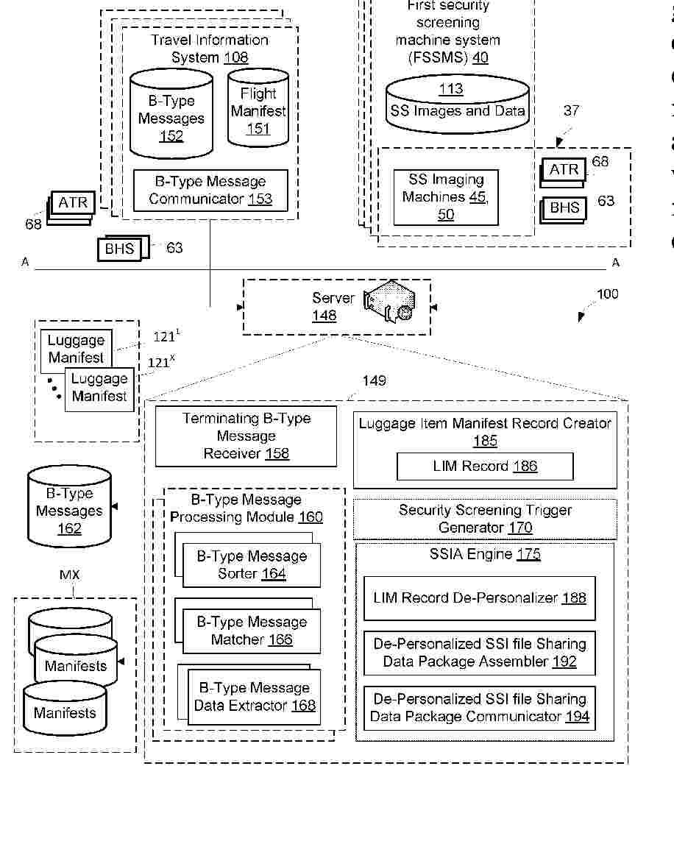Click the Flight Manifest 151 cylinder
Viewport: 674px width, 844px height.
point(258,110)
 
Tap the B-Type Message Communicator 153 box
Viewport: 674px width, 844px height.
point(210,190)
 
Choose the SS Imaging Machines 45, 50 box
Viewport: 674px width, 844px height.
point(446,197)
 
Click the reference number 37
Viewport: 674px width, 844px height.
point(571,111)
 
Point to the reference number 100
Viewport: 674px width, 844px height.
point(607,294)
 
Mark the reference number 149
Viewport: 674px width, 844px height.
point(374,380)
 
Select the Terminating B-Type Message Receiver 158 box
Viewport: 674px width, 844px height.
point(246,436)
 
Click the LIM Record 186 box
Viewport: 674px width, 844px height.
point(485,467)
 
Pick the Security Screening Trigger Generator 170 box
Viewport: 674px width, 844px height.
point(485,519)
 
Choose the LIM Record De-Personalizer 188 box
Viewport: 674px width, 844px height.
point(479,598)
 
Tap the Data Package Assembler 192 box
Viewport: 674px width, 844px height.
point(479,653)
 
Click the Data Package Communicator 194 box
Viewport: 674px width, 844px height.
point(479,708)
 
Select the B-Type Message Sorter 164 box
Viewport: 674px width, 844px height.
point(252,565)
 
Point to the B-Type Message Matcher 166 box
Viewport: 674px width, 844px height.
point(252,631)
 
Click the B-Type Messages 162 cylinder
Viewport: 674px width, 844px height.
point(69,510)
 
